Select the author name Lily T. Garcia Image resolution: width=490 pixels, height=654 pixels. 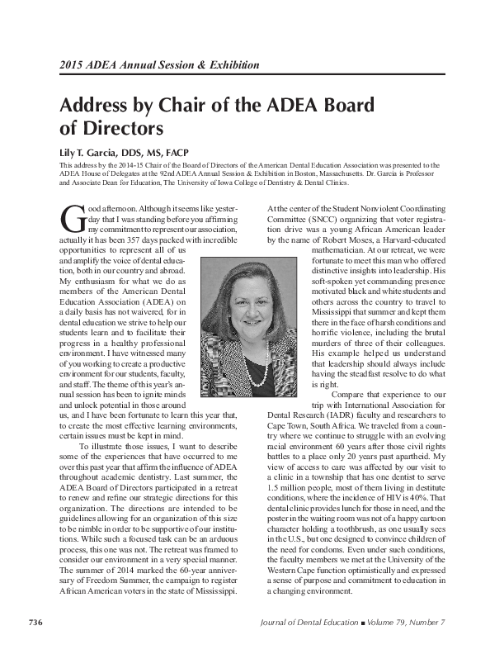point(93,154)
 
